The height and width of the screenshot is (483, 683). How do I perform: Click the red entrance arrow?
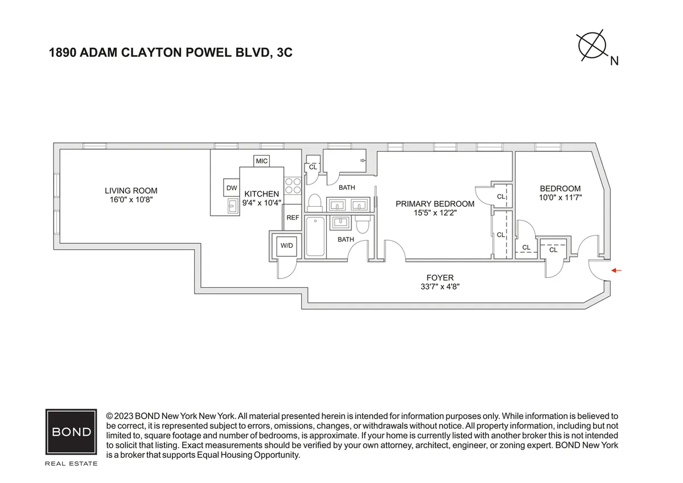[617, 271]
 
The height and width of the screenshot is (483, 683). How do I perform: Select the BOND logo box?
[71, 431]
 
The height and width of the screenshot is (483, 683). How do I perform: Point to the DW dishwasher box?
[232, 188]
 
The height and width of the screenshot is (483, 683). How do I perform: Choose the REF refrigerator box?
[293, 218]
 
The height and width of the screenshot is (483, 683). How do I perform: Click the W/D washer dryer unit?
[285, 245]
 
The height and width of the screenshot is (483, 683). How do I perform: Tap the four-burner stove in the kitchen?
[293, 187]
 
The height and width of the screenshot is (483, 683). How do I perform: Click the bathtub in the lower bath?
[315, 236]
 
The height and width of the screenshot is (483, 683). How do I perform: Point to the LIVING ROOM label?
[131, 191]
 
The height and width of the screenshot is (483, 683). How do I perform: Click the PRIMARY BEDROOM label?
[435, 204]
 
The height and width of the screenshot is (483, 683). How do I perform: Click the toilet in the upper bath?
[315, 202]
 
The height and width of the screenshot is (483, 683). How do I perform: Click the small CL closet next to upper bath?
[313, 167]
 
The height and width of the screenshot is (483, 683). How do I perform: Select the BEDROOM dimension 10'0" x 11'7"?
[560, 198]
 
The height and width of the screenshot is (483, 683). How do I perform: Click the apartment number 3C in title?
[285, 54]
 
